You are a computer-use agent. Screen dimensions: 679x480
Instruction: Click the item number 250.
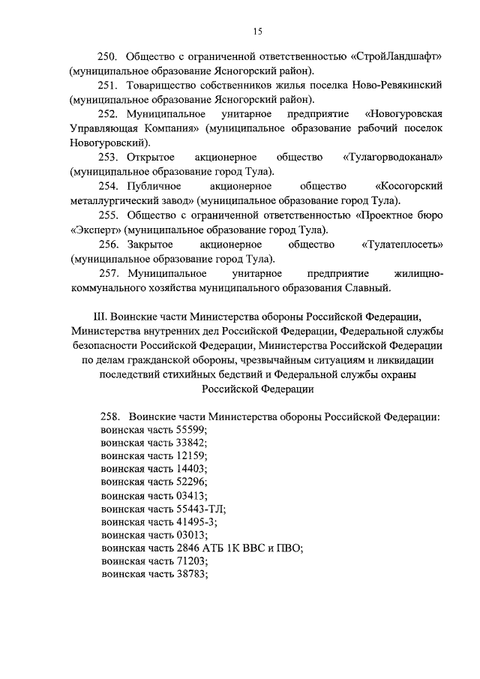click(110, 57)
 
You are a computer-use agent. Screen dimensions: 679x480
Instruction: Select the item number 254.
click(110, 185)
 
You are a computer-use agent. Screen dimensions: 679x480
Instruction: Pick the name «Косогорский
click(409, 185)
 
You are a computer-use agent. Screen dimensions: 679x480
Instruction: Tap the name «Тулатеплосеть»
click(402, 245)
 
